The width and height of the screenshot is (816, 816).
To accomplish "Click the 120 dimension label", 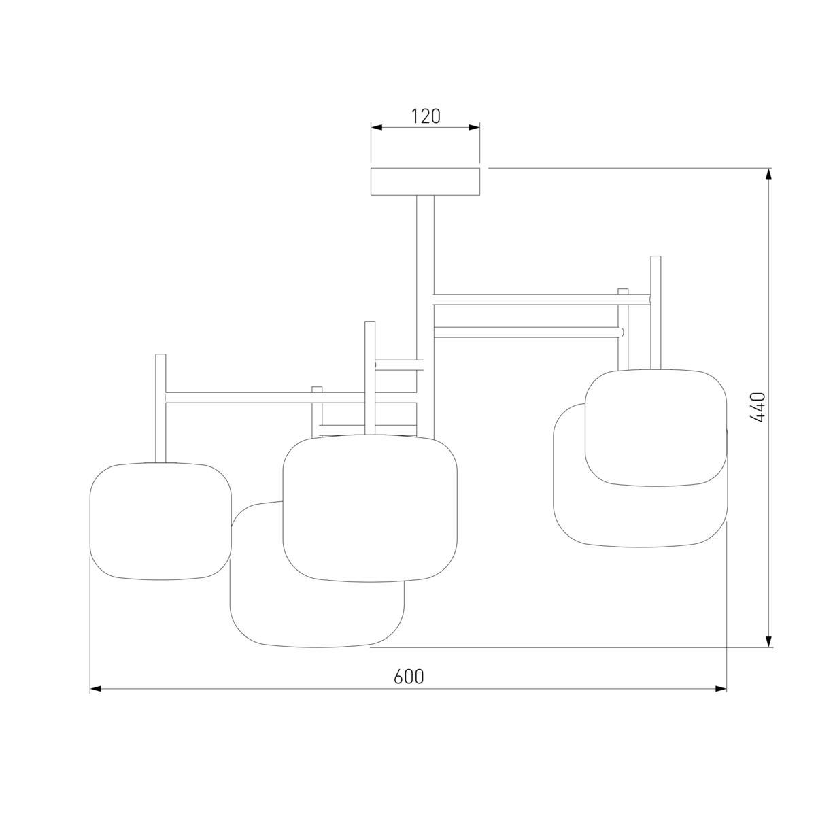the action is pyautogui.click(x=426, y=116).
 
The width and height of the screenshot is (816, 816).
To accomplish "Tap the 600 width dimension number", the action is pyautogui.click(x=409, y=677).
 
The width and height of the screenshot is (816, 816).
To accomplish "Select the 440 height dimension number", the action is pyautogui.click(x=758, y=407).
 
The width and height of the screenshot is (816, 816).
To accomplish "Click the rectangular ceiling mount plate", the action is pyautogui.click(x=425, y=182).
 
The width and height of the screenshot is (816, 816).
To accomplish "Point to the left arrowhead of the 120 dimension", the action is pyautogui.click(x=377, y=127).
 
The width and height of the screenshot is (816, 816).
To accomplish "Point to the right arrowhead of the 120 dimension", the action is pyautogui.click(x=474, y=127).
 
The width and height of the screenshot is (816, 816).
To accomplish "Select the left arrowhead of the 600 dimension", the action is pyautogui.click(x=96, y=689).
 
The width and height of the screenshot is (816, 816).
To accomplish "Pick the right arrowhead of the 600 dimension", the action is pyautogui.click(x=721, y=689).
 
